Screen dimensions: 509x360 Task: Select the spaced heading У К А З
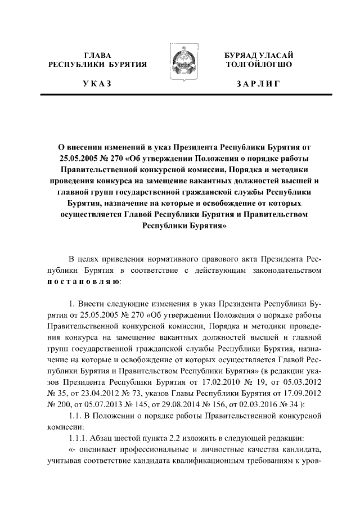pyautogui.click(x=97, y=84)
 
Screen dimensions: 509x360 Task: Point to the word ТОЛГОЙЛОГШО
pyautogui.click(x=258, y=65)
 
